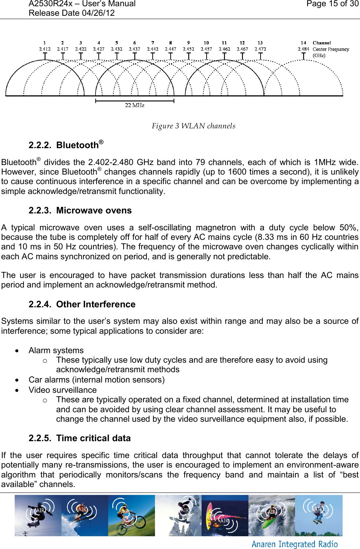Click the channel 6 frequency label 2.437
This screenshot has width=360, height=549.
click(x=134, y=49)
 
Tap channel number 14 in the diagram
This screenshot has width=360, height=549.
click(x=303, y=43)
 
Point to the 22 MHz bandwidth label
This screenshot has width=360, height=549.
click(x=135, y=105)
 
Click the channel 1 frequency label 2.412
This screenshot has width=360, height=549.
click(x=45, y=49)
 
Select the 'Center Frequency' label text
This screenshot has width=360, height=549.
click(x=331, y=49)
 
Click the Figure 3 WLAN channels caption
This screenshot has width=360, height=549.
click(x=193, y=126)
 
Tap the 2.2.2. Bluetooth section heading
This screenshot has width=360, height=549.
click(x=66, y=145)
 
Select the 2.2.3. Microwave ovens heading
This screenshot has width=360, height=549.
click(x=80, y=211)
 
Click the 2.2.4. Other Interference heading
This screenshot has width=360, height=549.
click(x=82, y=304)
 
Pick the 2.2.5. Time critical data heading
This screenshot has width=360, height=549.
click(x=80, y=438)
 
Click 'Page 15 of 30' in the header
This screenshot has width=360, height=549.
click(x=332, y=4)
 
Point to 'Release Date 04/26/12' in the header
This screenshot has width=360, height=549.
click(x=72, y=13)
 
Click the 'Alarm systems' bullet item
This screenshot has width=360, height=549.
click(x=56, y=350)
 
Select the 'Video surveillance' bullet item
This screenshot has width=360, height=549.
click(x=63, y=390)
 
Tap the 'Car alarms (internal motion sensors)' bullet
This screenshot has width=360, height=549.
click(x=97, y=380)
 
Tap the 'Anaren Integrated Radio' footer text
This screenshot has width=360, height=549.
click(x=294, y=544)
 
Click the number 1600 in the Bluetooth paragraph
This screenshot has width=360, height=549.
click(x=237, y=172)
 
